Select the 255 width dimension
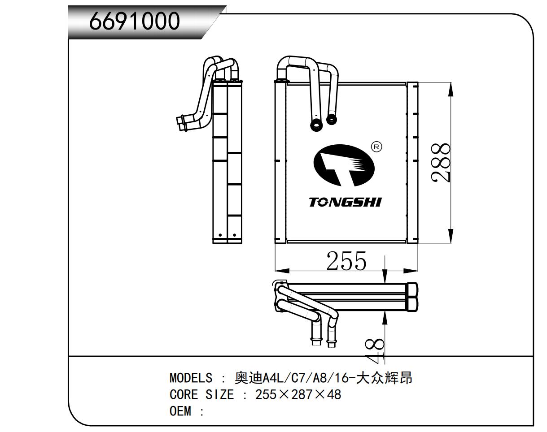pyautogui.click(x=346, y=261)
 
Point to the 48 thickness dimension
pyautogui.click(x=375, y=351)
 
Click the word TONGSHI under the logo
pyautogui.click(x=345, y=202)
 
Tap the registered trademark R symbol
pyautogui.click(x=376, y=147)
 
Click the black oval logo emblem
pyautogui.click(x=343, y=165)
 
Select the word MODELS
pyautogui.click(x=191, y=378)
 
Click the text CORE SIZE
pyautogui.click(x=201, y=395)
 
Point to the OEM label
pyautogui.click(x=180, y=411)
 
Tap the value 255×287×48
pyautogui.click(x=298, y=395)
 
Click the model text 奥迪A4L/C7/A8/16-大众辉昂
pyautogui.click(x=323, y=378)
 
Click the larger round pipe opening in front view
pyautogui.click(x=317, y=125)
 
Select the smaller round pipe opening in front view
pyautogui.click(x=331, y=119)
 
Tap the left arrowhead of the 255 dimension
pyautogui.click(x=281, y=271)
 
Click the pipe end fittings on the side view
pyautogui.click(x=182, y=123)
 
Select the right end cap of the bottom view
pyautogui.click(x=412, y=296)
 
